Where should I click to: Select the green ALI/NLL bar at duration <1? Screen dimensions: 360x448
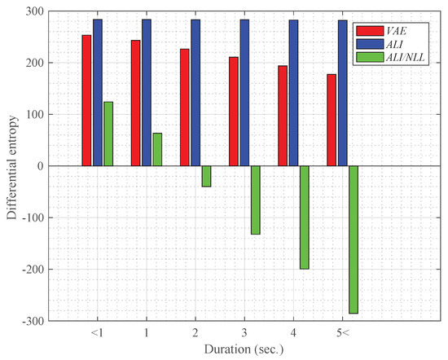[x=108, y=134]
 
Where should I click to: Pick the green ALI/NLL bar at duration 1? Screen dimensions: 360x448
[x=157, y=149]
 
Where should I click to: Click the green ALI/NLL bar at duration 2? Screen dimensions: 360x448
[x=206, y=176]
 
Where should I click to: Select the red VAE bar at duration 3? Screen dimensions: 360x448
[x=233, y=112]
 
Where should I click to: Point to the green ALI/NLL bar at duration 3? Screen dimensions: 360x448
[x=255, y=200]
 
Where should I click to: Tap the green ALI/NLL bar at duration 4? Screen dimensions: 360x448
[x=304, y=217]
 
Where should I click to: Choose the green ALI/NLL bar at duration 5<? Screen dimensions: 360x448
[x=353, y=239]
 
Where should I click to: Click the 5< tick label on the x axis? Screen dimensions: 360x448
[x=342, y=334]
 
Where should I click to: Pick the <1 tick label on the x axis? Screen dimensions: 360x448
[x=98, y=334]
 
